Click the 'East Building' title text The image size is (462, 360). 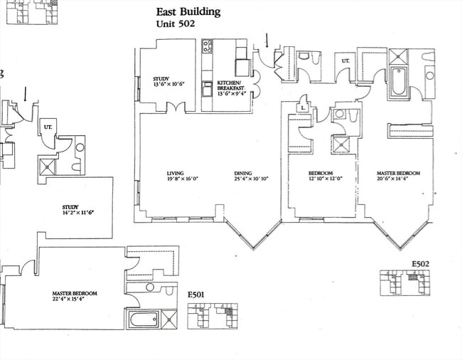(188, 11)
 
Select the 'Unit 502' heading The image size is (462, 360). (178, 23)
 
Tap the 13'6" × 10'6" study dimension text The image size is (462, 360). (168, 85)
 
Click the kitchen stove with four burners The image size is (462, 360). (208, 47)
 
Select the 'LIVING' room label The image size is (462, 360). (175, 173)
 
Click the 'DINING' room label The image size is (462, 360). (243, 173)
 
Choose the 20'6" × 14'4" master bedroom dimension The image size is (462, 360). (398, 179)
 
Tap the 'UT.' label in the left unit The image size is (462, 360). (48, 128)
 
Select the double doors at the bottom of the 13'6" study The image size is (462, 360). (175, 109)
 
